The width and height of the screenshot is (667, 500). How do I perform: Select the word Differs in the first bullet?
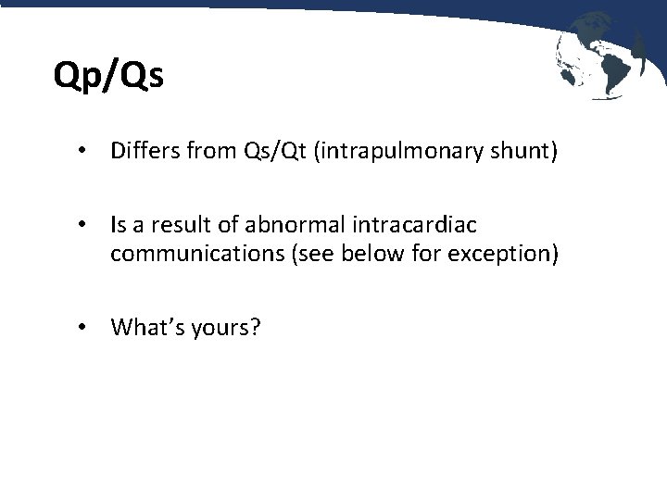[142, 150]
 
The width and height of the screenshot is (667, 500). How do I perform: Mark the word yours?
[228, 327]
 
